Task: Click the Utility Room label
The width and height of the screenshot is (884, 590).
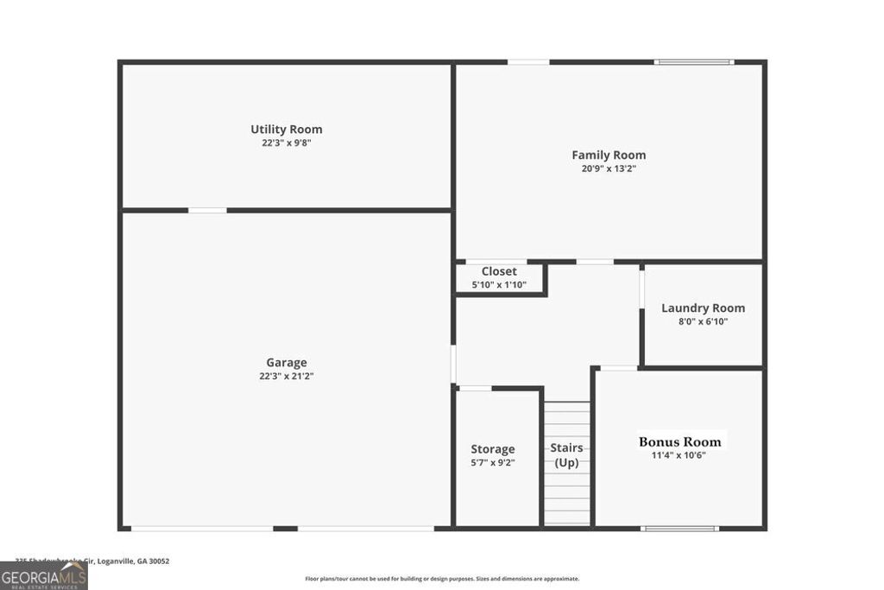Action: (x=287, y=130)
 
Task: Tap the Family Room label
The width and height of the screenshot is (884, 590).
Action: (x=609, y=155)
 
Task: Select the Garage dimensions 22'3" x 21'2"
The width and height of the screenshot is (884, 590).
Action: (x=287, y=377)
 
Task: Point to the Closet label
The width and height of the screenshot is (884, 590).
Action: (x=499, y=271)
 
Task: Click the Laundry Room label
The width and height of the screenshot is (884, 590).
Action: (x=703, y=308)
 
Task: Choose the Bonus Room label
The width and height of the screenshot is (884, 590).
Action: (x=679, y=441)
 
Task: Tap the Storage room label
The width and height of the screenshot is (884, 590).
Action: (x=493, y=449)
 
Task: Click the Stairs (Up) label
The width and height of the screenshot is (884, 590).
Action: (x=566, y=455)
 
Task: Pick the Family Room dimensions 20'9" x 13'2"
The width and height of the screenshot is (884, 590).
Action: (x=609, y=169)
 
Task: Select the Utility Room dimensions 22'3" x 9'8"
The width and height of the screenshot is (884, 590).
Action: (x=287, y=143)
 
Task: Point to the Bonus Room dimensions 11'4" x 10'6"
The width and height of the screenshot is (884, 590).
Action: (x=679, y=455)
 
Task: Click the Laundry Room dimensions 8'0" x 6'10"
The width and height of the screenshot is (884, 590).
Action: (x=703, y=321)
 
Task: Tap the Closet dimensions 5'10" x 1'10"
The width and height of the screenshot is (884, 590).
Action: (x=499, y=284)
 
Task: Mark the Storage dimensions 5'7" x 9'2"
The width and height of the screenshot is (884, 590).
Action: (x=493, y=463)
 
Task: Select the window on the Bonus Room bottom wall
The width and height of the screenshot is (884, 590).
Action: (x=679, y=529)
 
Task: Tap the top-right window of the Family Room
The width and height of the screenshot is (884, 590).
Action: (x=693, y=62)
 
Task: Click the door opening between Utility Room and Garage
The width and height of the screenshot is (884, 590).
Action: (x=207, y=210)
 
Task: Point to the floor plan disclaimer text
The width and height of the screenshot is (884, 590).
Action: (x=442, y=579)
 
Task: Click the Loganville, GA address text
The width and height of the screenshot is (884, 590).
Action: (x=93, y=561)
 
